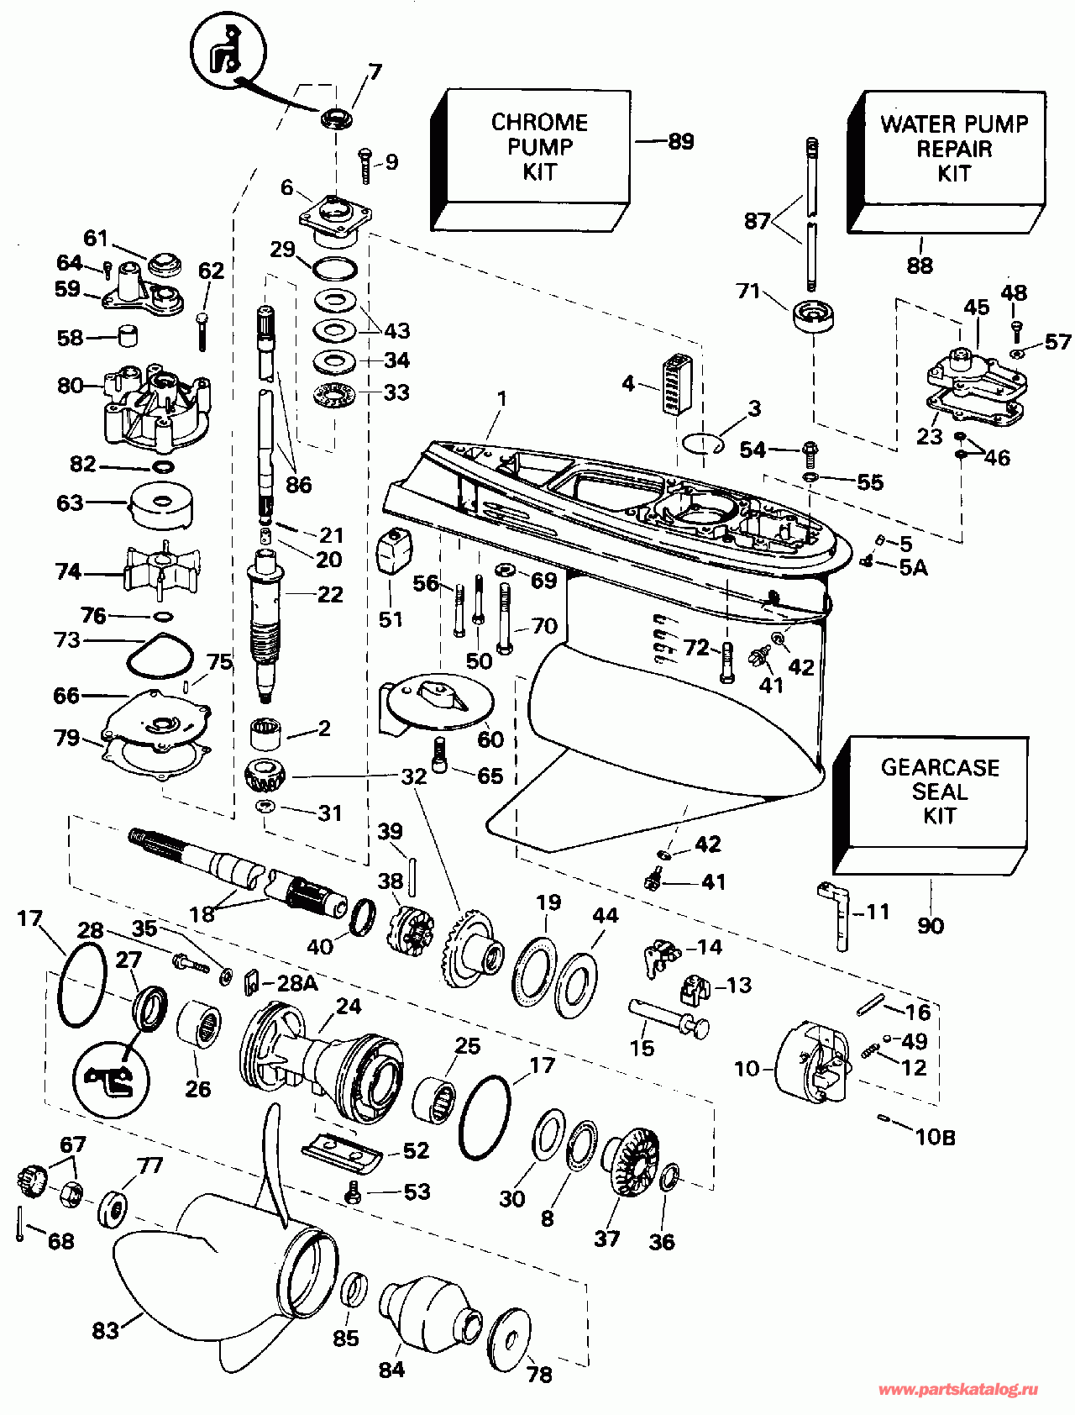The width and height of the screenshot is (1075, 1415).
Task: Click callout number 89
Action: point(681,141)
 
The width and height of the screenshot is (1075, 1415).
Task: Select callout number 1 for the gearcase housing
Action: point(502,399)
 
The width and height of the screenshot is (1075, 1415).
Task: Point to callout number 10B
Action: point(935,1138)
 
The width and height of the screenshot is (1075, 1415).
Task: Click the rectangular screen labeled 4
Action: point(674,385)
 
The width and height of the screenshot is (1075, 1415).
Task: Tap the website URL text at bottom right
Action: point(957,1390)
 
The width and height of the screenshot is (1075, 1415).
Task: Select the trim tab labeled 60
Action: point(437,699)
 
